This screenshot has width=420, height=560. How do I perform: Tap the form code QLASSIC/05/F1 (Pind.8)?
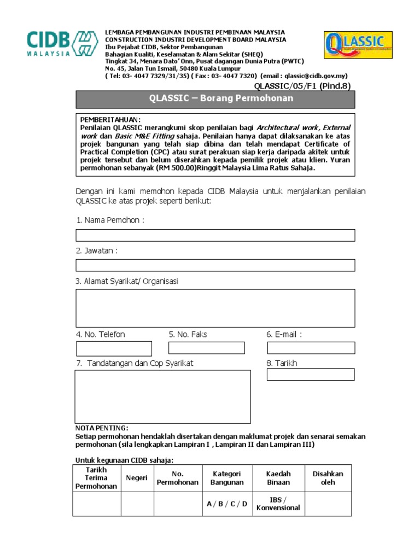pyautogui.click(x=302, y=86)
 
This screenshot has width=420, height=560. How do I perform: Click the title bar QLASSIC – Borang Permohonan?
pyautogui.click(x=215, y=99)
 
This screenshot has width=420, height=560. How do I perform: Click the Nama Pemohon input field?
pyautogui.click(x=215, y=235)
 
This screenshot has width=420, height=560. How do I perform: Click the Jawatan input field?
pyautogui.click(x=215, y=265)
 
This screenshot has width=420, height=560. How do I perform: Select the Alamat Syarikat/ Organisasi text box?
pyautogui.click(x=215, y=308)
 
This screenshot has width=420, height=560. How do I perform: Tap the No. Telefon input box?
pyautogui.click(x=114, y=348)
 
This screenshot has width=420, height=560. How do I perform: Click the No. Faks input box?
pyautogui.click(x=206, y=348)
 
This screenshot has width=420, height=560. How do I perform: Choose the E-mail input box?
pyautogui.click(x=311, y=348)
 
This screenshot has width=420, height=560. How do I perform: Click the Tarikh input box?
pyautogui.click(x=310, y=375)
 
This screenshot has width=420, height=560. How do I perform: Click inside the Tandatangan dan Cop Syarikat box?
pyautogui.click(x=162, y=396)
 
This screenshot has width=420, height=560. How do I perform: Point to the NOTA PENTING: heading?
pyautogui.click(x=102, y=428)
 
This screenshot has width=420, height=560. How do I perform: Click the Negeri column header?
pyautogui.click(x=137, y=478)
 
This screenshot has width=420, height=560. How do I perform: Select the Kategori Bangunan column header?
pyautogui.click(x=227, y=478)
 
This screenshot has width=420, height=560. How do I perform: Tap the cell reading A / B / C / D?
pyautogui.click(x=227, y=504)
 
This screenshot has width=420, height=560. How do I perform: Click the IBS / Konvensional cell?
pyautogui.click(x=278, y=504)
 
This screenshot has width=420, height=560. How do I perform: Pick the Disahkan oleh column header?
pyautogui.click(x=328, y=478)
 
